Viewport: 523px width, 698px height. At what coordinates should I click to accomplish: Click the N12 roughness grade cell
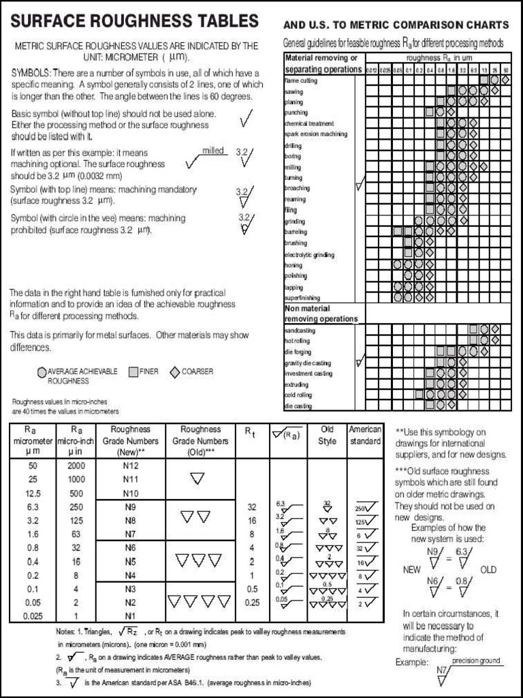(130, 466)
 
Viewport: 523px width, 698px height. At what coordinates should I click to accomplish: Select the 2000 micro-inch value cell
(76, 466)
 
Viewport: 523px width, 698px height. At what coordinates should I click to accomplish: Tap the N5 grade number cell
(130, 561)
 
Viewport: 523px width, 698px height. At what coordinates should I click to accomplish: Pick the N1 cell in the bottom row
(130, 616)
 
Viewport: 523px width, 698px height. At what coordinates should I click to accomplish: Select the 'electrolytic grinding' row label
(309, 254)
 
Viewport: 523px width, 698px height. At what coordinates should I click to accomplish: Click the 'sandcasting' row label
(300, 330)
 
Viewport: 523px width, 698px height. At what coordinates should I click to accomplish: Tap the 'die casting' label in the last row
(298, 406)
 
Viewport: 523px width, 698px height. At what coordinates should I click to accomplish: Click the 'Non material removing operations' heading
(321, 314)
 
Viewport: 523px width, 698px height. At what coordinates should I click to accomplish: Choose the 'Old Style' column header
(328, 435)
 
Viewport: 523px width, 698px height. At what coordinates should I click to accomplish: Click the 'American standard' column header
(365, 435)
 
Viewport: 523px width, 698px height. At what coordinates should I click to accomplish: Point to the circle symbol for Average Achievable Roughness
(42, 372)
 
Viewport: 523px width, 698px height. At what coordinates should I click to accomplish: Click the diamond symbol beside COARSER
(174, 371)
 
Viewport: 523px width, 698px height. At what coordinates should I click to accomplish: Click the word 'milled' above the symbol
(213, 150)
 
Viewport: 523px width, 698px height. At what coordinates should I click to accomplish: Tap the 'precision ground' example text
(476, 661)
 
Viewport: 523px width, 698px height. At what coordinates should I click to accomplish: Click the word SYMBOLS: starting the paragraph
(31, 73)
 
